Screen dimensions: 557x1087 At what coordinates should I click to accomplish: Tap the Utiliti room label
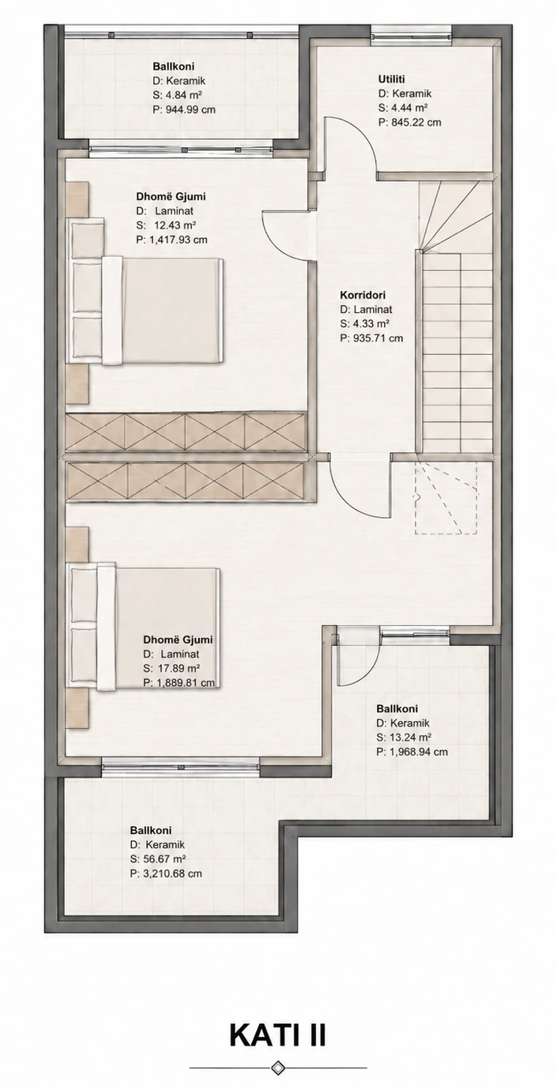391,79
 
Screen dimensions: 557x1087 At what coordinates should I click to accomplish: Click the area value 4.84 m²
183,95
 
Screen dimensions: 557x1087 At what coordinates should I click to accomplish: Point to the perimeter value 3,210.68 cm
171,874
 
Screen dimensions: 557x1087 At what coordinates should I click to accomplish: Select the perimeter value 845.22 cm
416,122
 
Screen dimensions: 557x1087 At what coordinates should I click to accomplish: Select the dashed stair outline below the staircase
446,497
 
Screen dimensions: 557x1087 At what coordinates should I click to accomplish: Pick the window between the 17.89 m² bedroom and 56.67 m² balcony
181,764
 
